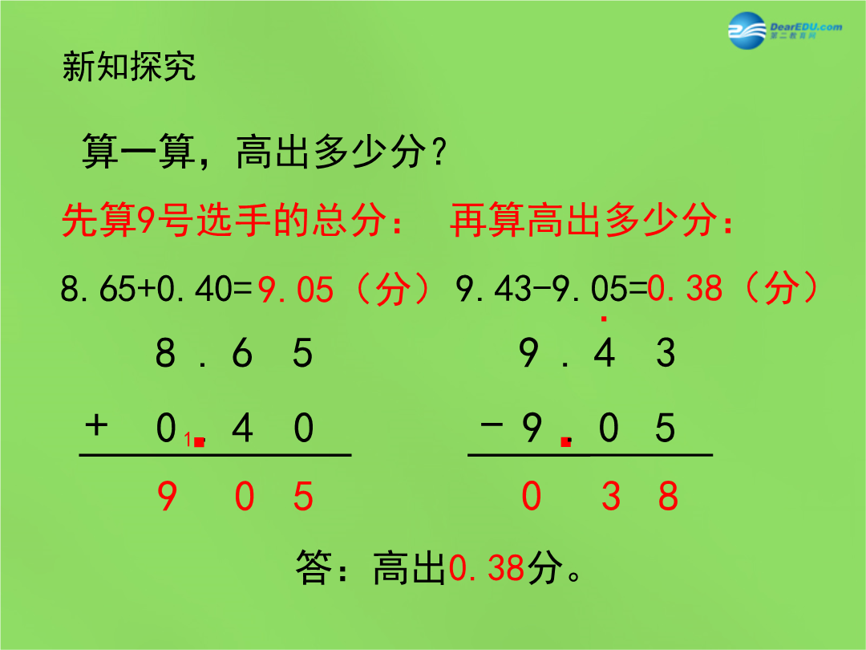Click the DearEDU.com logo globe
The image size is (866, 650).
[x=747, y=30]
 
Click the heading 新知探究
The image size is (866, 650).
[x=128, y=67]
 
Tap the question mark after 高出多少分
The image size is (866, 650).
[x=439, y=152]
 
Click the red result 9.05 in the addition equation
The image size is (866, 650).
[x=296, y=289]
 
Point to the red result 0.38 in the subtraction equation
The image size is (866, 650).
[x=685, y=288]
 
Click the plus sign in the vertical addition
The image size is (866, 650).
[x=96, y=425]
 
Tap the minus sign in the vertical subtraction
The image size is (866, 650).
[x=492, y=425]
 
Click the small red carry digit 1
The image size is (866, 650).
[x=188, y=440]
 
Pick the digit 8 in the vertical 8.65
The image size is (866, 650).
[x=165, y=352]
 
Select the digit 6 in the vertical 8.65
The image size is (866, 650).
[x=242, y=352]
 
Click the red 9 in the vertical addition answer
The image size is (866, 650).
[x=167, y=496]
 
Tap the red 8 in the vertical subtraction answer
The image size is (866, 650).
[x=668, y=495]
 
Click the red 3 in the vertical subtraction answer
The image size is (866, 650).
[x=610, y=495]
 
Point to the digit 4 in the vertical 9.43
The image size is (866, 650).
[x=605, y=352]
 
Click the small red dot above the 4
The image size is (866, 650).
[x=604, y=319]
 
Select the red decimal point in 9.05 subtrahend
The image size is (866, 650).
[x=565, y=441]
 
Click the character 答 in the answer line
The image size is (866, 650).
[x=314, y=567]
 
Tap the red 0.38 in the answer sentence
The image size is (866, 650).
[x=487, y=567]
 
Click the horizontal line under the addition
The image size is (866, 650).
[x=216, y=455]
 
